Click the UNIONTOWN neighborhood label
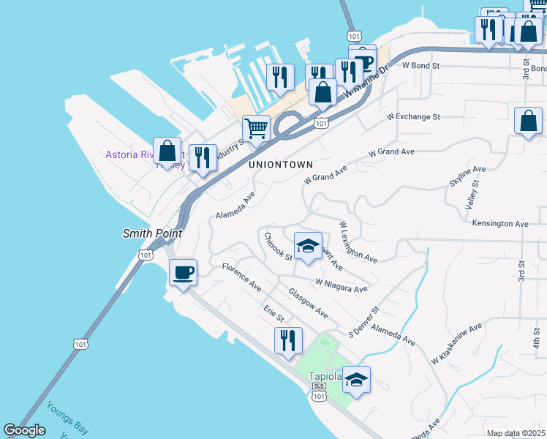pos(280,165)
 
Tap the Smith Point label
pos(151,233)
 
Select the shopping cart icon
pos(256,129)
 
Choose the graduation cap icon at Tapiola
pos(356,380)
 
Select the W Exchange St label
pos(413,116)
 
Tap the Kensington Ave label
pos(499,223)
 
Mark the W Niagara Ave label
pos(341,285)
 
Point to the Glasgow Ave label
pos(307,303)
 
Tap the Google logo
pos(24,430)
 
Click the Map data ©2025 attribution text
pos(516,433)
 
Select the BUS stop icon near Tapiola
pos(318,385)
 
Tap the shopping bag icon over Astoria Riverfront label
pos(167,151)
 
